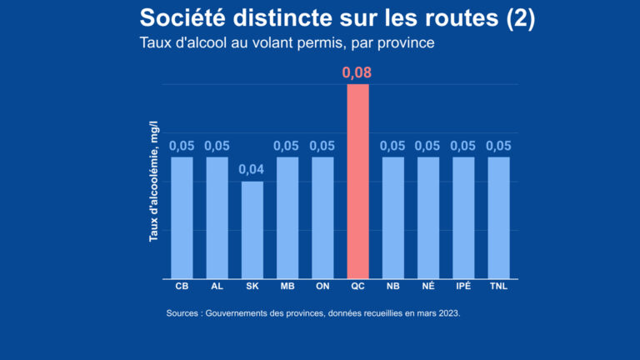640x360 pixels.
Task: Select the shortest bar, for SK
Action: tap(252, 230)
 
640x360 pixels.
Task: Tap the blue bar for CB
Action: tap(182, 217)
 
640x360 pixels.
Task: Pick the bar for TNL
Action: tap(498, 217)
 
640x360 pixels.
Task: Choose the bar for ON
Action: tap(322, 217)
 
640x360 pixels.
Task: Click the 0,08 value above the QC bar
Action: tap(357, 72)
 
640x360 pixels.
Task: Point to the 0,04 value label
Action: tap(252, 170)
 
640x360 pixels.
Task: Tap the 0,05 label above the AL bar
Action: tap(217, 146)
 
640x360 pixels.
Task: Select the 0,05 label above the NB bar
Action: tap(392, 146)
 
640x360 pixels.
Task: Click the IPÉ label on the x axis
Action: tap(463, 287)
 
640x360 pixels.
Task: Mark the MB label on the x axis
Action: tap(287, 287)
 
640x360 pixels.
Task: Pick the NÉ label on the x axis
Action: tap(428, 287)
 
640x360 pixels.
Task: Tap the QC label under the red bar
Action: tap(357, 287)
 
